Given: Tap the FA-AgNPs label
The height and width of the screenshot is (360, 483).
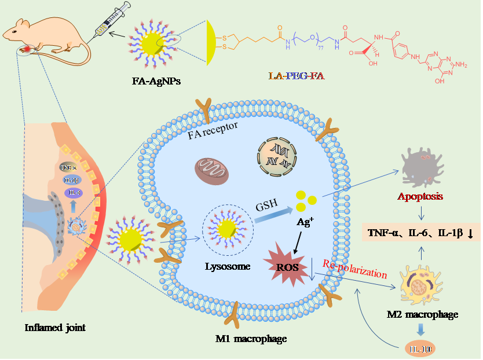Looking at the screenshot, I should (156, 81).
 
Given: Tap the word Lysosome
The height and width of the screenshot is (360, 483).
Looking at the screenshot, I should (227, 266).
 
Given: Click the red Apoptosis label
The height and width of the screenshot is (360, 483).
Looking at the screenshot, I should (420, 196).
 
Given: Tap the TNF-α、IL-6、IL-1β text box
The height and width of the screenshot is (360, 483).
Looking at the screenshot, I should (421, 233).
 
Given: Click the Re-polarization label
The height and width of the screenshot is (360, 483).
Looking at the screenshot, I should (354, 270).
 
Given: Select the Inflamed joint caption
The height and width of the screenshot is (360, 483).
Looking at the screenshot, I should (55, 328).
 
